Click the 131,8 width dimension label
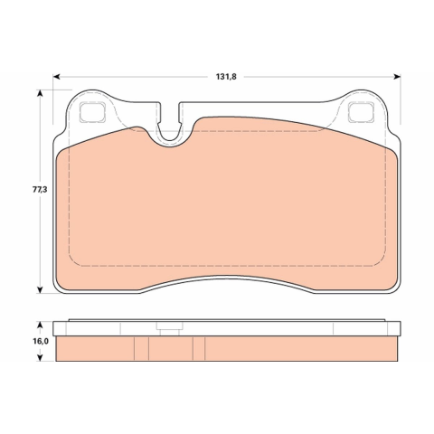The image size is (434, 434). point(226,77)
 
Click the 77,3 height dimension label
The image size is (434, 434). point(40,190)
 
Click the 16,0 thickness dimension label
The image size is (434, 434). point(41,341)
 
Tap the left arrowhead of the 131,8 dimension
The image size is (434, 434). point(56,77)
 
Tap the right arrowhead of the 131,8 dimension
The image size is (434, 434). point(397,77)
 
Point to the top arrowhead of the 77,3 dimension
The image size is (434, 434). point(40,93)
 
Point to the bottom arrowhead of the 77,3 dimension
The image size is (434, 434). point(40,289)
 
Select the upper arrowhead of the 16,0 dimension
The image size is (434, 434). point(40,325)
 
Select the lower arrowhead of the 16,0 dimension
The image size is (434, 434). point(40,358)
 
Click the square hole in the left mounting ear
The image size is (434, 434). point(92,113)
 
